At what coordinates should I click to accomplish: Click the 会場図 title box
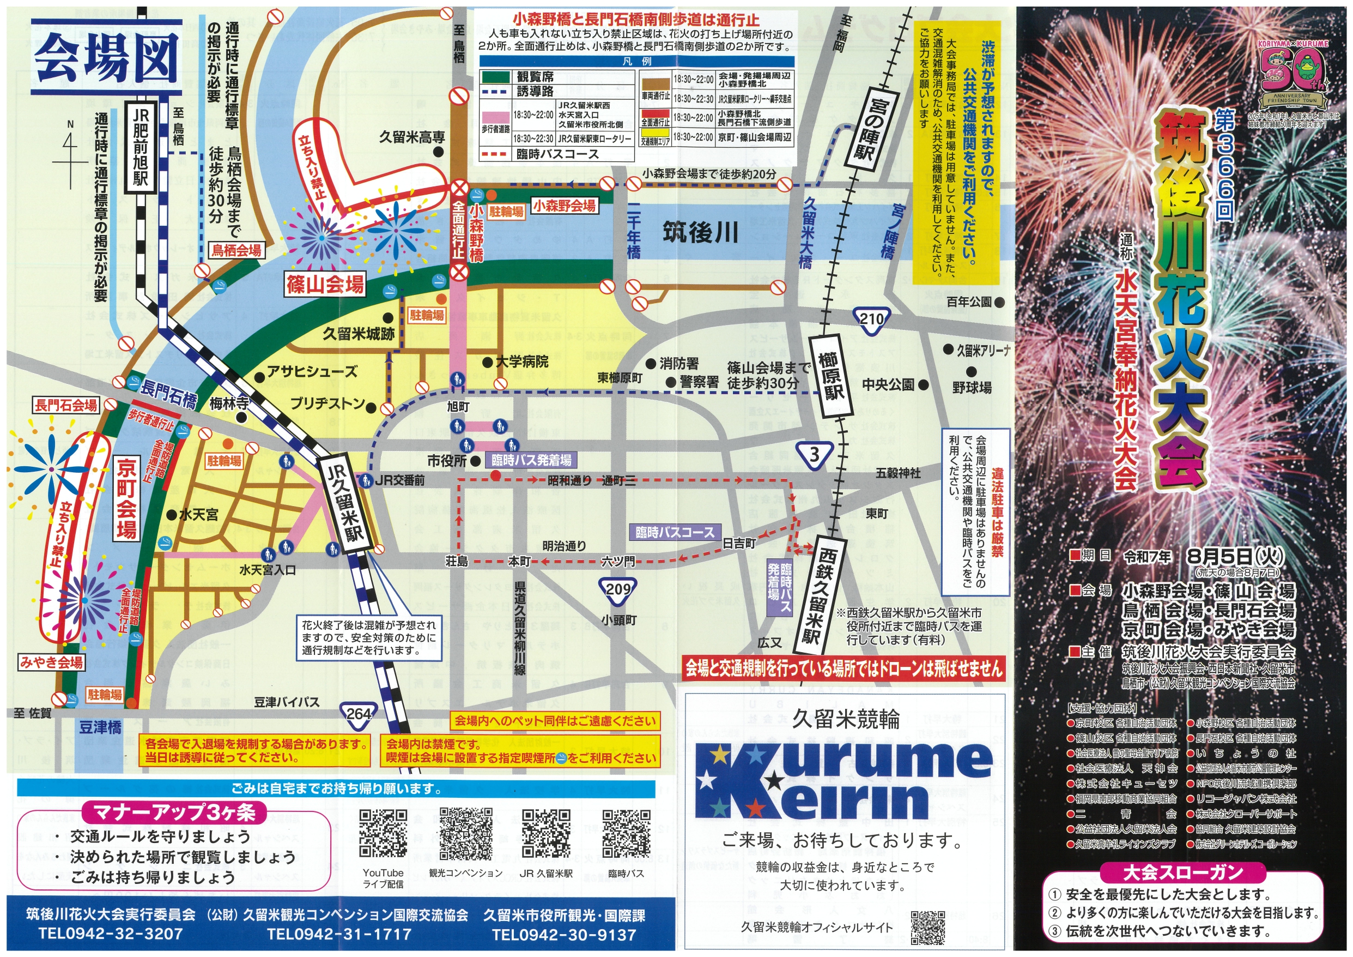[x=106, y=57]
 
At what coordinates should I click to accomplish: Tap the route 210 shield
[x=871, y=320]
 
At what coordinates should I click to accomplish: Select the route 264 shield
[x=357, y=713]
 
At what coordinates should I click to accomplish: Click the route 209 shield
[x=617, y=588]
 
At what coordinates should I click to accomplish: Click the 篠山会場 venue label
[x=325, y=285]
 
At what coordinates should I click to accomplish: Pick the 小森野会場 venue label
[x=564, y=206]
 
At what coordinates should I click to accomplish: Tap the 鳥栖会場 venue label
[x=236, y=250]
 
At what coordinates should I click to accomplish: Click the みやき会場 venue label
[x=52, y=661]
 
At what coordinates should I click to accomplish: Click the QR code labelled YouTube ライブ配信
[x=383, y=833]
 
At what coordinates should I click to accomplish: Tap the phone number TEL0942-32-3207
[x=111, y=934]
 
